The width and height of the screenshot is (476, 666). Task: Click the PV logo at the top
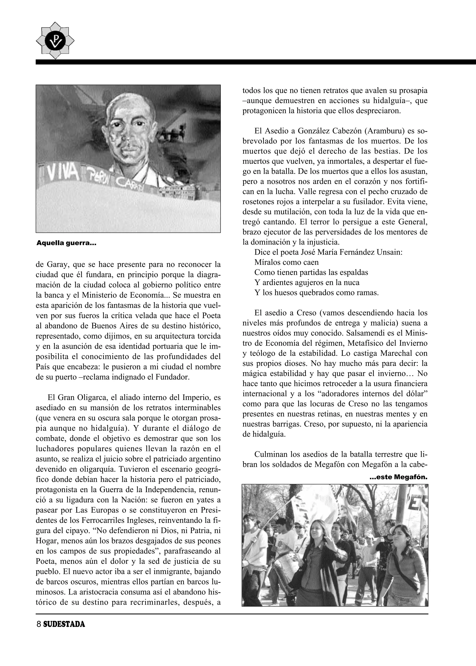[x=55, y=40]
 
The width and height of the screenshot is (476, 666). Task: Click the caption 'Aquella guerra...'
[x=66, y=243]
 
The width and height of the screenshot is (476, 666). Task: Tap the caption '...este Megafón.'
[x=399, y=477]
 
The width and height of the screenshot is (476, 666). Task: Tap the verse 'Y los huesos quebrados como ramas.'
[x=317, y=293]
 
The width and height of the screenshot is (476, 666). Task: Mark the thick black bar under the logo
[x=255, y=62]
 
